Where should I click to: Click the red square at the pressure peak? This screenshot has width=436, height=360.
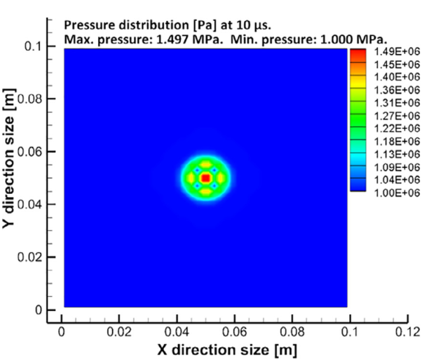click(x=205, y=178)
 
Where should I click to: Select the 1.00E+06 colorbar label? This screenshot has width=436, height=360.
click(x=394, y=193)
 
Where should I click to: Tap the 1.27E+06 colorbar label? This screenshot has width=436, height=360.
click(x=394, y=115)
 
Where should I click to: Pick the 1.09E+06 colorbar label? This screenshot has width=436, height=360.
click(x=394, y=167)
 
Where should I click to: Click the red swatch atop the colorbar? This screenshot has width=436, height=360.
click(x=357, y=53)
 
